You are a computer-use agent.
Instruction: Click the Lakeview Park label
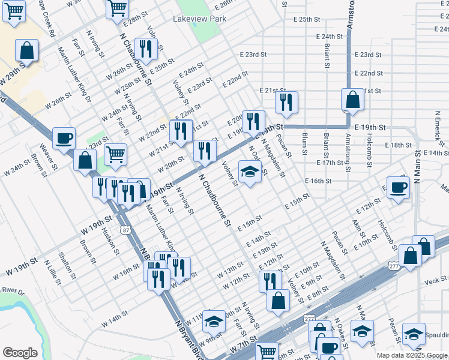point(200,19)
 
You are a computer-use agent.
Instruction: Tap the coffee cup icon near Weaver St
point(64,138)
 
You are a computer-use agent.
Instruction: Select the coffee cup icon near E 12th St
point(396,187)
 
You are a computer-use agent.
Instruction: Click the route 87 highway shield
point(124,230)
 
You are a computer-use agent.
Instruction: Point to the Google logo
point(20,353)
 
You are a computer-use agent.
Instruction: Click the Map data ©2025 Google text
point(411,355)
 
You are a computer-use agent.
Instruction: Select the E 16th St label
point(318,181)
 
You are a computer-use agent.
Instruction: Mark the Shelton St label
point(70,266)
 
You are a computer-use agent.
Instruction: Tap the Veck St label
point(435,279)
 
